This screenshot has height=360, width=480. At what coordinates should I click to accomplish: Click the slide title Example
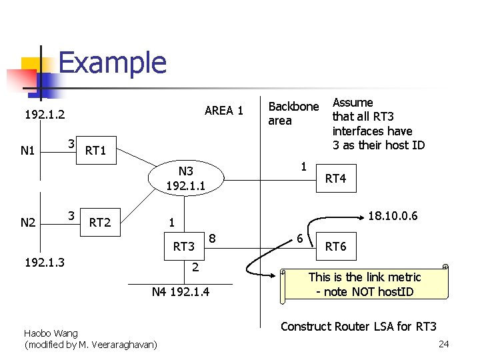[x=112, y=63]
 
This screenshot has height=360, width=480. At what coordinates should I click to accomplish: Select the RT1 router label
[x=96, y=151]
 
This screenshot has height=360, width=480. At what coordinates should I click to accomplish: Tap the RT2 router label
[x=100, y=222]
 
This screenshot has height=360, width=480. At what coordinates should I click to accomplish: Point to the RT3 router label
[x=184, y=247]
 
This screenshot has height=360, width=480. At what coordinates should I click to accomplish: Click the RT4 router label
[x=335, y=178]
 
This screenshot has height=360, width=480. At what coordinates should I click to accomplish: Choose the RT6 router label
[x=335, y=246]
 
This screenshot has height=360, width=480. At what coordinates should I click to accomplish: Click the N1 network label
[x=27, y=151]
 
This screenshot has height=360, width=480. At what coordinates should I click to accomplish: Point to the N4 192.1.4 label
[x=181, y=291]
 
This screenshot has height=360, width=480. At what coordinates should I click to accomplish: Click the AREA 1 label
[x=224, y=110]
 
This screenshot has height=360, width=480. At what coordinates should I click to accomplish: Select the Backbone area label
[x=293, y=113]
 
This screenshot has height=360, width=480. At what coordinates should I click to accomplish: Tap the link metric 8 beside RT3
[x=212, y=237]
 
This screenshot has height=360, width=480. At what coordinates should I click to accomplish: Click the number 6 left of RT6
[x=300, y=239]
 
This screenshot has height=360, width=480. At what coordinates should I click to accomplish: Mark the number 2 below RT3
[x=195, y=267]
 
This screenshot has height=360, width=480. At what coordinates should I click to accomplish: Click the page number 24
[x=445, y=345]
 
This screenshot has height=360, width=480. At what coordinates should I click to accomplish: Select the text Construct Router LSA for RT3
[x=359, y=326]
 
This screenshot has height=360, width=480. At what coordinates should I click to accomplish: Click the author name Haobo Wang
[x=51, y=333]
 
